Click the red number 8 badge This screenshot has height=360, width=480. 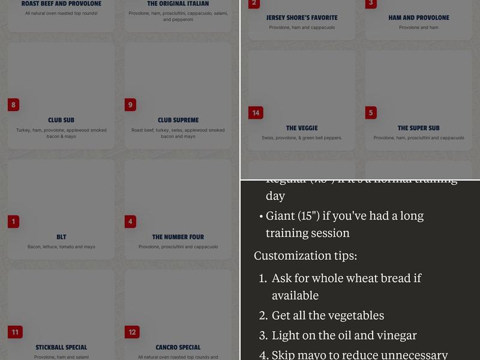13,105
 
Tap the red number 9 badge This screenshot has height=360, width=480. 130,105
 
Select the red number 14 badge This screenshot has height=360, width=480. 256,113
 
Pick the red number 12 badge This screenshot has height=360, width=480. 132,332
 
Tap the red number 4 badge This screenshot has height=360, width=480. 130,221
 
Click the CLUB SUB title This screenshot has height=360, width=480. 61,120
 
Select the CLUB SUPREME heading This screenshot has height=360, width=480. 178,120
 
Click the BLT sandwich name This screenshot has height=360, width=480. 61,237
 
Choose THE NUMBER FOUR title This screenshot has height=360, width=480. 178,237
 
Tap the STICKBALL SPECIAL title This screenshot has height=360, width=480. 61,347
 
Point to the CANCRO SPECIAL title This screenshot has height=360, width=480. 178,347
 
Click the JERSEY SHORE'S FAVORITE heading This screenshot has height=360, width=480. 302,18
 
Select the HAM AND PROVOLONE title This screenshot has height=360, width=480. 419,18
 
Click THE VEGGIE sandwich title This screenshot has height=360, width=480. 302,128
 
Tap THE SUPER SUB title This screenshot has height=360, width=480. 419,128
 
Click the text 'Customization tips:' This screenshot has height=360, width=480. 305,256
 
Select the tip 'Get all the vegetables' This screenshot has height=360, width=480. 328,316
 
